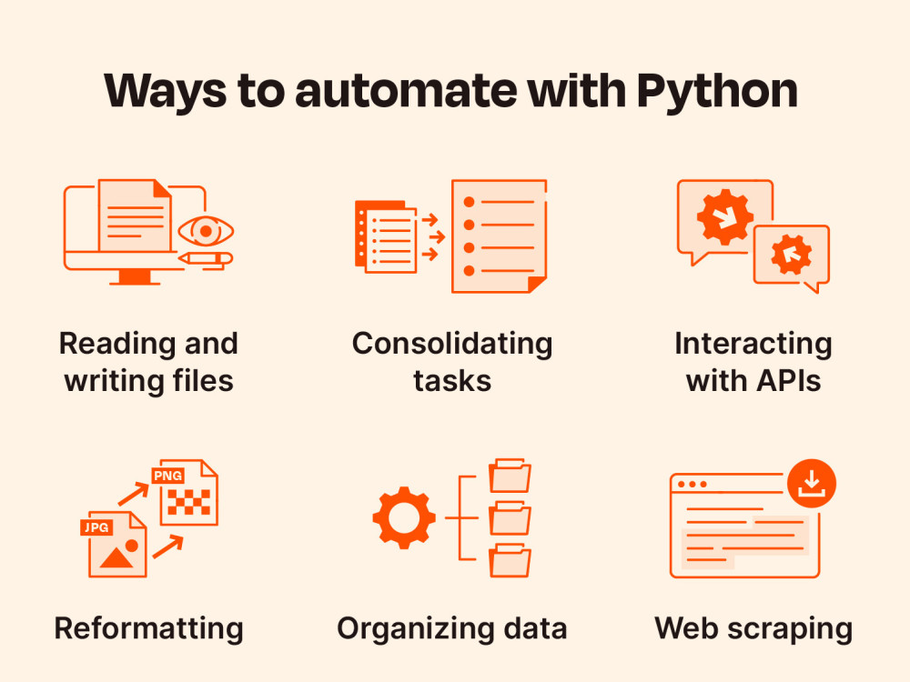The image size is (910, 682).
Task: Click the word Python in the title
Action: pyautogui.click(x=717, y=91)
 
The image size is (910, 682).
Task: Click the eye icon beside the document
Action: pyautogui.click(x=206, y=231)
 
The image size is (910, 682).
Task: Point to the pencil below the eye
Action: pyautogui.click(x=206, y=258)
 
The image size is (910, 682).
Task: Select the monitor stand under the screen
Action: pyautogui.click(x=135, y=277)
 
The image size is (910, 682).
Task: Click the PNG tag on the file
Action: pyautogui.click(x=167, y=476)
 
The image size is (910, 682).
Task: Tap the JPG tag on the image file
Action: pyautogui.click(x=96, y=527)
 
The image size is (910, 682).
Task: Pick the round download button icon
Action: pyautogui.click(x=812, y=484)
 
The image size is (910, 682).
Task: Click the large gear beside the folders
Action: pyautogui.click(x=404, y=517)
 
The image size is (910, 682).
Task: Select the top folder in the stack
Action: pyautogui.click(x=511, y=476)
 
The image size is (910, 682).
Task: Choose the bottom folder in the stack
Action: pyautogui.click(x=511, y=560)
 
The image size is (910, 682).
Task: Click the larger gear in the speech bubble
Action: pyautogui.click(x=725, y=217)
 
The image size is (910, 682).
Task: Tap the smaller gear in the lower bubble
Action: pyautogui.click(x=791, y=254)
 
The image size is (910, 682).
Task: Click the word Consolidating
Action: pyautogui.click(x=452, y=345)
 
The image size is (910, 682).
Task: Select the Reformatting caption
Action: pyautogui.click(x=148, y=629)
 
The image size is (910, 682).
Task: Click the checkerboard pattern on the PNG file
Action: pyautogui.click(x=188, y=502)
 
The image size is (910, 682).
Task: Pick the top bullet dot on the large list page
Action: pyautogui.click(x=469, y=202)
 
